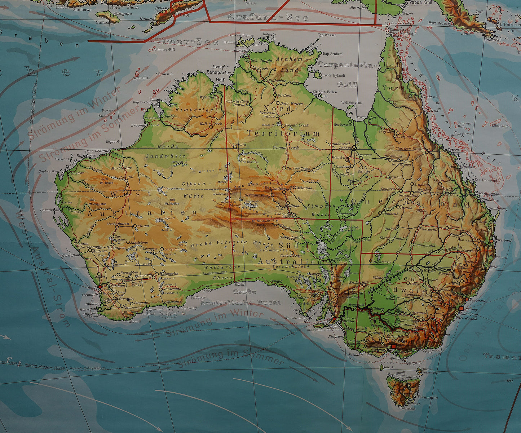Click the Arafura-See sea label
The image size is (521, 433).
pos(268,17)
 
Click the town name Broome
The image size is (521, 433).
pos(138,125)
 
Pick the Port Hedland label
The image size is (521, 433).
pos(97,151)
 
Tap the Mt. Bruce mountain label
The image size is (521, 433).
pos(107,182)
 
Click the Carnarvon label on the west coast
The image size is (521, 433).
pos(50,209)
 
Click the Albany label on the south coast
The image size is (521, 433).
pos(135,321)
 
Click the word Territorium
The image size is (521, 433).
pos(283,133)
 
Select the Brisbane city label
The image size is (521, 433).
pos(504,240)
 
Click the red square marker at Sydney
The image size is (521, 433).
pos(461,308)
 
